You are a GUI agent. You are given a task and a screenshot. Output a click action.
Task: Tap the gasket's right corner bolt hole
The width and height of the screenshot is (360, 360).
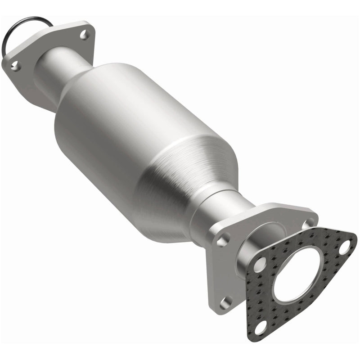click(344, 247)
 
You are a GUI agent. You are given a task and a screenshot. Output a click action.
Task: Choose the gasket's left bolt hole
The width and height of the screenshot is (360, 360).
click(259, 265)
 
